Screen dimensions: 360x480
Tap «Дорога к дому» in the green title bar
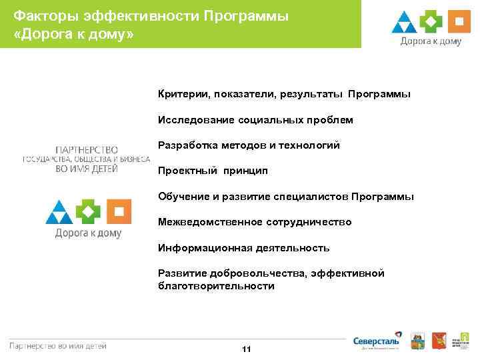pos(73,33)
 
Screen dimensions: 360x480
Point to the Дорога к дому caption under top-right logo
pos(431,41)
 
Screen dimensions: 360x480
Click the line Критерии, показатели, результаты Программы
pos(284,95)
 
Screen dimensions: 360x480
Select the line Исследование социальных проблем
pos(255,120)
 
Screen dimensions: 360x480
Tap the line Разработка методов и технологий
pos(249,145)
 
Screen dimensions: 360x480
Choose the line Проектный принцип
pos(213,171)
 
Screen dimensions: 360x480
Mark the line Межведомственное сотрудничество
pos(255,222)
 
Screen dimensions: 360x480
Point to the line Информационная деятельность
pos(243,247)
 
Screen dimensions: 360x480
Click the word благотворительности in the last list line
pos(216,286)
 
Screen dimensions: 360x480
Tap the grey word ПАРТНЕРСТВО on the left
pos(86,149)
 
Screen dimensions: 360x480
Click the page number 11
pos(246,349)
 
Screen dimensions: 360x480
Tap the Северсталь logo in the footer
pos(377,339)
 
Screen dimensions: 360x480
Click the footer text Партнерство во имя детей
pos(58,345)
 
